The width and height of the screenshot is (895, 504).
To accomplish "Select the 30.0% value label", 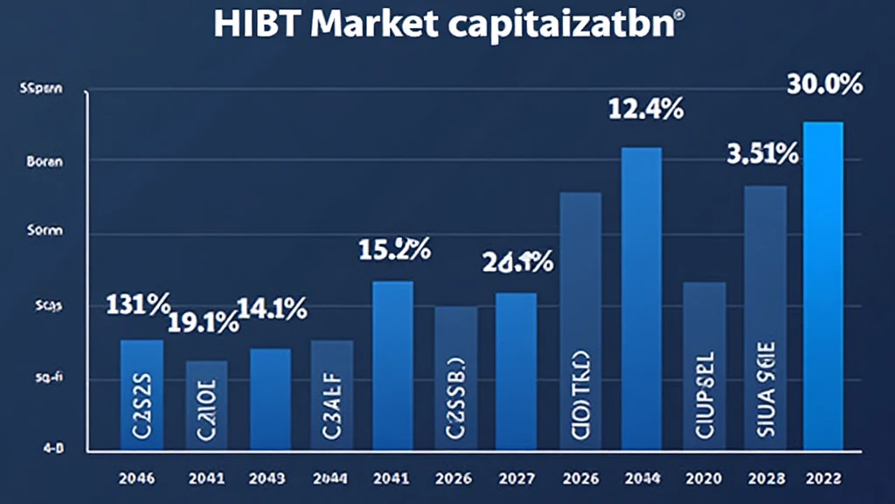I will click(824, 85).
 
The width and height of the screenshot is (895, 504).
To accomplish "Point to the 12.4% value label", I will click(646, 110).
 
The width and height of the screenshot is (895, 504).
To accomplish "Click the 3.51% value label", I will click(763, 155).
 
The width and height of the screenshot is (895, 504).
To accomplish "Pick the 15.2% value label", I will click(394, 249).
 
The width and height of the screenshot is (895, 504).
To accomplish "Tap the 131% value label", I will click(137, 305).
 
